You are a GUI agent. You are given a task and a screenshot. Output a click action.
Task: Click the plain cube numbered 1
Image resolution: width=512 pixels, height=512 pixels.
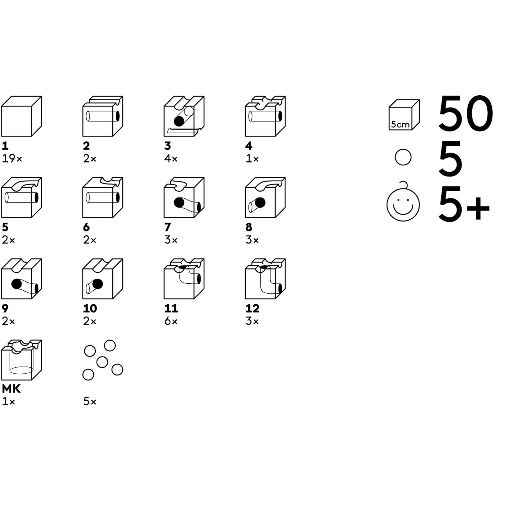point(22,116)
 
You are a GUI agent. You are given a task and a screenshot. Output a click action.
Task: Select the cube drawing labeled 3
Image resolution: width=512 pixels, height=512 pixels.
point(184,116)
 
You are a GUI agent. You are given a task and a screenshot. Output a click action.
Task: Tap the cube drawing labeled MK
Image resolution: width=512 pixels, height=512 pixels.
point(22,360)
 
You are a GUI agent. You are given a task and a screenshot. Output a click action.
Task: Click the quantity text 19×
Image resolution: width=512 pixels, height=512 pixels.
point(12,159)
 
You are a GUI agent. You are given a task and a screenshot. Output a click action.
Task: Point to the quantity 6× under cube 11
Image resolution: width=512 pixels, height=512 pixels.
point(171,321)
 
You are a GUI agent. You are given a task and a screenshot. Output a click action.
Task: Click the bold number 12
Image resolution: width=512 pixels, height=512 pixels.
point(252,308)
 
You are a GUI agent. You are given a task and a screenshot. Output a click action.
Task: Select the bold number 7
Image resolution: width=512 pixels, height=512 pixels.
point(167,227)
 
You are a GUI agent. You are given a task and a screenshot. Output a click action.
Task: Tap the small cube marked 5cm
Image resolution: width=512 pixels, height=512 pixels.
point(404,115)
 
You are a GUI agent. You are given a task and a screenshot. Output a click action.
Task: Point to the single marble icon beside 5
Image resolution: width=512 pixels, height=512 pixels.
point(403,157)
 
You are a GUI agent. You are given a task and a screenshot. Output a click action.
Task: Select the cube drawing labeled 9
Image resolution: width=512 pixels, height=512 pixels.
point(22,278)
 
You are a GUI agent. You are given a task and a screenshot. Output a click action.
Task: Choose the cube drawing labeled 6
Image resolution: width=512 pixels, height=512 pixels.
point(103,197)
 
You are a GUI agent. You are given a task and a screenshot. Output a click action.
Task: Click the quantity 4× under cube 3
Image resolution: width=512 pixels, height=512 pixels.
point(171,159)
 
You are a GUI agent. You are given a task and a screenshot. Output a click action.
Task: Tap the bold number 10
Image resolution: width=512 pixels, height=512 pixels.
point(90,308)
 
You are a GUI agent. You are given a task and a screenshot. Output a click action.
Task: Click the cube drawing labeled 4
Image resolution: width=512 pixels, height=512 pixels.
point(266,116)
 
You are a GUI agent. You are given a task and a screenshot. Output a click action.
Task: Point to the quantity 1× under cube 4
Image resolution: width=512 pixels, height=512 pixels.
point(252,159)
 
